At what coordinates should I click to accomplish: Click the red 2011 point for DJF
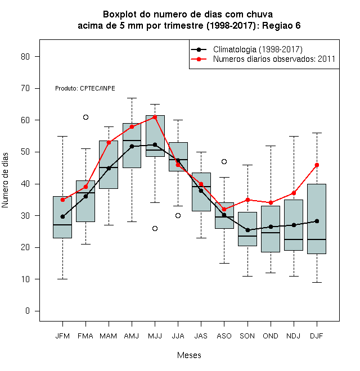click(x=317, y=165)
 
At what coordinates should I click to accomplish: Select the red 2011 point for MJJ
click(x=155, y=117)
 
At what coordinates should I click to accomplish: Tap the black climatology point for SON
click(x=247, y=230)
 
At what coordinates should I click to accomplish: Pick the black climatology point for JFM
click(x=62, y=216)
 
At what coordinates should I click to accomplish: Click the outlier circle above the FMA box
click(x=85, y=117)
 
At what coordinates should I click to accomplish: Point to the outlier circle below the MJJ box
click(x=155, y=228)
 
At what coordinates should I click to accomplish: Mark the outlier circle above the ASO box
click(x=224, y=161)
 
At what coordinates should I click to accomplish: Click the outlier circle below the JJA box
click(x=178, y=215)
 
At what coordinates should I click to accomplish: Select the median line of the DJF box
click(x=317, y=239)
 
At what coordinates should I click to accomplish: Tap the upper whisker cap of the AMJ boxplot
click(x=132, y=98)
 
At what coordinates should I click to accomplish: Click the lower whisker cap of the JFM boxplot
click(x=62, y=279)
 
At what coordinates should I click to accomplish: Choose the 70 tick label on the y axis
click(x=25, y=88)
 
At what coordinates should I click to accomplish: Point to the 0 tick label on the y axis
click(x=28, y=311)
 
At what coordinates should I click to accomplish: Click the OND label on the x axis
click(x=271, y=336)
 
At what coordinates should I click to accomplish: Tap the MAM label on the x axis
click(x=109, y=336)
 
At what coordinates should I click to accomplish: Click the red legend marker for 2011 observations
click(x=199, y=59)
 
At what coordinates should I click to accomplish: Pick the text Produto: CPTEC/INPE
click(x=85, y=88)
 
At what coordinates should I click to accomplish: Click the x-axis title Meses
click(x=189, y=355)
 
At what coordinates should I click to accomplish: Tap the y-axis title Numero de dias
click(x=5, y=180)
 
